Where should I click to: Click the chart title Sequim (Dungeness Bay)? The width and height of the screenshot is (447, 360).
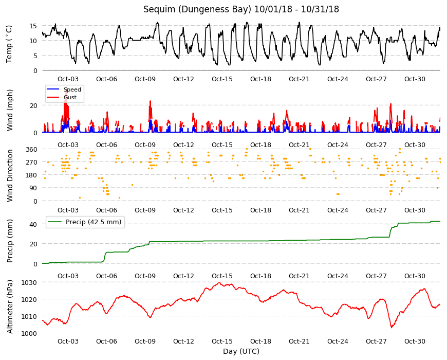pyautogui.click(x=197, y=9)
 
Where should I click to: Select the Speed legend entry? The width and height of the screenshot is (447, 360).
pyautogui.click(x=64, y=89)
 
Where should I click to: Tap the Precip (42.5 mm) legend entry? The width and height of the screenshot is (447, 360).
pyautogui.click(x=85, y=222)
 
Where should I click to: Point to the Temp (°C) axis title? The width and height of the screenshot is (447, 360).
pyautogui.click(x=9, y=44)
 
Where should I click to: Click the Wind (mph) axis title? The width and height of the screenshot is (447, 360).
pyautogui.click(x=10, y=110)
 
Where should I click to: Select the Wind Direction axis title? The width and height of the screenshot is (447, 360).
pyautogui.click(x=10, y=175)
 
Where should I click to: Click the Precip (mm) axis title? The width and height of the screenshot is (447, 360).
pyautogui.click(x=10, y=241)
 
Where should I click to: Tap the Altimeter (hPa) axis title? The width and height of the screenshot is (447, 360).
pyautogui.click(x=10, y=307)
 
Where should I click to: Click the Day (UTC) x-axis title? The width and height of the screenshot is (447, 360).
pyautogui.click(x=241, y=351)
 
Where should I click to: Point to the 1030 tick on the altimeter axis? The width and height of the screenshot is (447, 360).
pyautogui.click(x=29, y=283)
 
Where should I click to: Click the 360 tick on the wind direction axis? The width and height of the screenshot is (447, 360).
pyautogui.click(x=31, y=150)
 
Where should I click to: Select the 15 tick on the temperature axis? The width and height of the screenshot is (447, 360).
pyautogui.click(x=33, y=26)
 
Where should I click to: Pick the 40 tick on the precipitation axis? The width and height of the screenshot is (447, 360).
pyautogui.click(x=33, y=225)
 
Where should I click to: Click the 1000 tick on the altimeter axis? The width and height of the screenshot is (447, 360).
pyautogui.click(x=29, y=333)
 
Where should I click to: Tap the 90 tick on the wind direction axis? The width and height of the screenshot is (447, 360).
pyautogui.click(x=33, y=188)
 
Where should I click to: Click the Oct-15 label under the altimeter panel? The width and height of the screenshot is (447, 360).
pyautogui.click(x=222, y=341)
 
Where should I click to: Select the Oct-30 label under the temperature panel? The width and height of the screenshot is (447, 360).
pyautogui.click(x=415, y=79)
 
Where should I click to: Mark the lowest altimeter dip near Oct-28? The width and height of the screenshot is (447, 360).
pyautogui.click(x=392, y=328)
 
